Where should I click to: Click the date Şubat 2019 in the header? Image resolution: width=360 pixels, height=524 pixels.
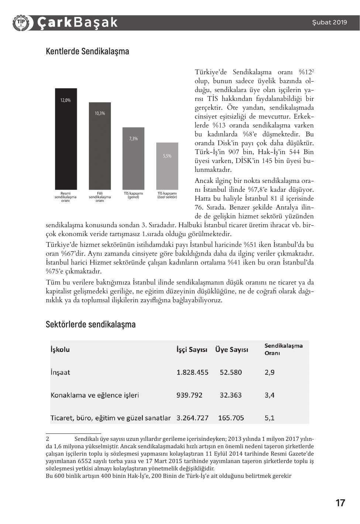point(329,22)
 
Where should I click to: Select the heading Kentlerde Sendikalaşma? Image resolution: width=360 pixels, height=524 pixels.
point(88,51)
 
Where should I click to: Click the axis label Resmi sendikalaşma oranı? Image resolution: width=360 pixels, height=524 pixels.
point(65,197)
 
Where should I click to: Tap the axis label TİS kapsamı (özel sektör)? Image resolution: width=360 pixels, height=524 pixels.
point(167,195)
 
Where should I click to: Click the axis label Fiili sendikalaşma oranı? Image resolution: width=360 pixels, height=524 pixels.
point(100,197)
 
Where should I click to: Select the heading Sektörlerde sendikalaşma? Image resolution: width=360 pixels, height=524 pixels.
point(91,324)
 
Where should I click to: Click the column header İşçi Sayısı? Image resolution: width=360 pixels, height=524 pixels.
point(192,350)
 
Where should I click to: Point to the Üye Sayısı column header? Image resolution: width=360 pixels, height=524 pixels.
point(232,350)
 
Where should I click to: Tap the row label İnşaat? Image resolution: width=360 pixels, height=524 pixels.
point(60,372)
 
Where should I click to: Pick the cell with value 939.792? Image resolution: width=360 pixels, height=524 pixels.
point(189,395)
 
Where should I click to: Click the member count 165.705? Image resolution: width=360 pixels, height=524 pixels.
point(231,418)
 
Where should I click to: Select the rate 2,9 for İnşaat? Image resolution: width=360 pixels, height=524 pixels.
point(270,372)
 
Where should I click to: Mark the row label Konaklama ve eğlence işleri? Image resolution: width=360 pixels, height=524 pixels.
point(95,395)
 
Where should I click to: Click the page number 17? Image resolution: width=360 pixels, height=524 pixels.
point(340,503)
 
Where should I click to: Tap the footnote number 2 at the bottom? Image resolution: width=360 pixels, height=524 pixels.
point(48,439)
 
